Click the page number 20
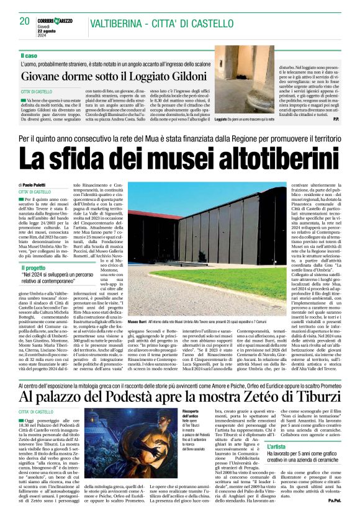pos(25,20)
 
